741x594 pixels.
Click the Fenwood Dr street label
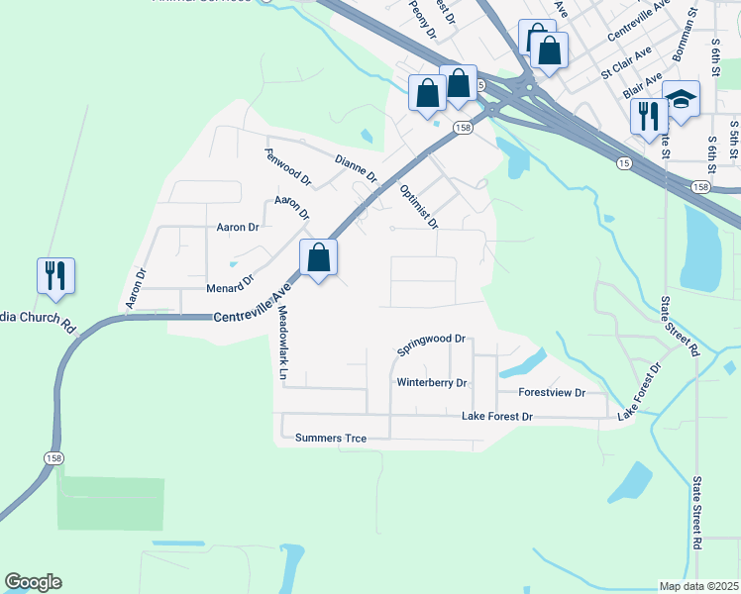click(x=287, y=167)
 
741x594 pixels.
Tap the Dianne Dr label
click(x=356, y=169)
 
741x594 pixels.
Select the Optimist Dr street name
click(x=418, y=205)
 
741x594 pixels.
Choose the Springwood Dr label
click(x=431, y=345)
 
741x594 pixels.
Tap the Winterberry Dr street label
click(x=431, y=382)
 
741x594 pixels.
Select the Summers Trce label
click(x=331, y=438)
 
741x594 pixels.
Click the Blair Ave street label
click(x=643, y=85)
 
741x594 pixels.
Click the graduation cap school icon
click(x=681, y=98)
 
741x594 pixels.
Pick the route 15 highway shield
click(x=621, y=161)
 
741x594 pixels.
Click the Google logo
click(x=33, y=582)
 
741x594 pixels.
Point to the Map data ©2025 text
click(x=698, y=586)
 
